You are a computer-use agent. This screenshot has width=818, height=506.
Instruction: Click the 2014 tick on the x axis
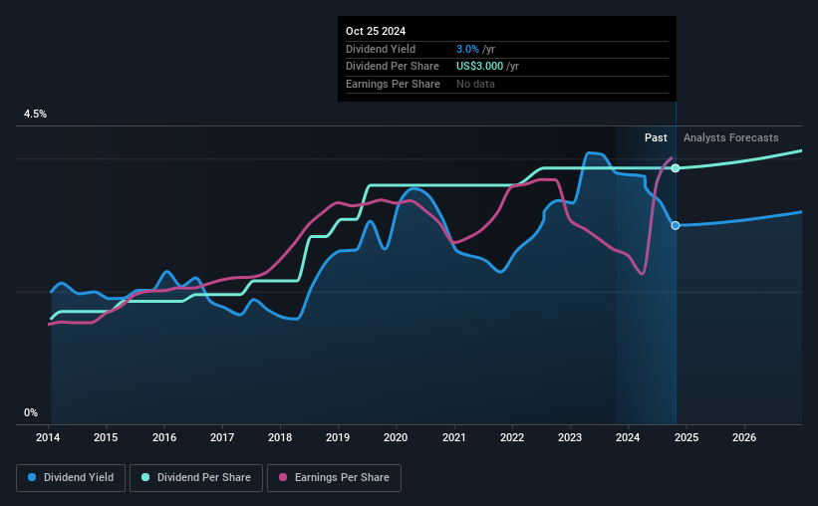(49, 437)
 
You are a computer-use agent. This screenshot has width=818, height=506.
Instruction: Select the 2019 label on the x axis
(338, 437)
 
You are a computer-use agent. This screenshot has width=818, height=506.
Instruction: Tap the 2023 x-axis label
(570, 437)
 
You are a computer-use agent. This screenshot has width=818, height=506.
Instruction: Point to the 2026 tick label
(743, 437)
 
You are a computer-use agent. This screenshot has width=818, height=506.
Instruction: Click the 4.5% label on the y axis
(35, 115)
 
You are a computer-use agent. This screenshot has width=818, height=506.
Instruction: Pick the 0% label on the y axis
(31, 412)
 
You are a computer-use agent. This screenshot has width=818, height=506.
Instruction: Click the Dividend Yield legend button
(71, 478)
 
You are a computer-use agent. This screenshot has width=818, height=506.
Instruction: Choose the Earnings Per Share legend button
(334, 478)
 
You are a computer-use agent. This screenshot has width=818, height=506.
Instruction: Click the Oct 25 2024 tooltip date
(378, 32)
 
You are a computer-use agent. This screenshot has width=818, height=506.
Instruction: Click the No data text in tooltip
(475, 84)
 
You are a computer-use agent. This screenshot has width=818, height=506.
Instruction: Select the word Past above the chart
(656, 138)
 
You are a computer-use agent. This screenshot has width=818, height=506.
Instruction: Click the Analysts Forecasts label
(730, 138)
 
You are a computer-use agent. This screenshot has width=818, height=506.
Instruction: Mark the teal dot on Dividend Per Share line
(676, 167)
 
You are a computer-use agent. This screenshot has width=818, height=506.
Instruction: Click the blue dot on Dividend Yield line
(676, 225)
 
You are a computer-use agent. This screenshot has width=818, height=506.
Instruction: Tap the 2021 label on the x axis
(454, 437)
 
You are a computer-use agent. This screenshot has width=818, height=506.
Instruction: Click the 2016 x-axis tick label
(164, 437)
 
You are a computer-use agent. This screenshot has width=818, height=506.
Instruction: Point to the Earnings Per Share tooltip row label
(393, 84)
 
